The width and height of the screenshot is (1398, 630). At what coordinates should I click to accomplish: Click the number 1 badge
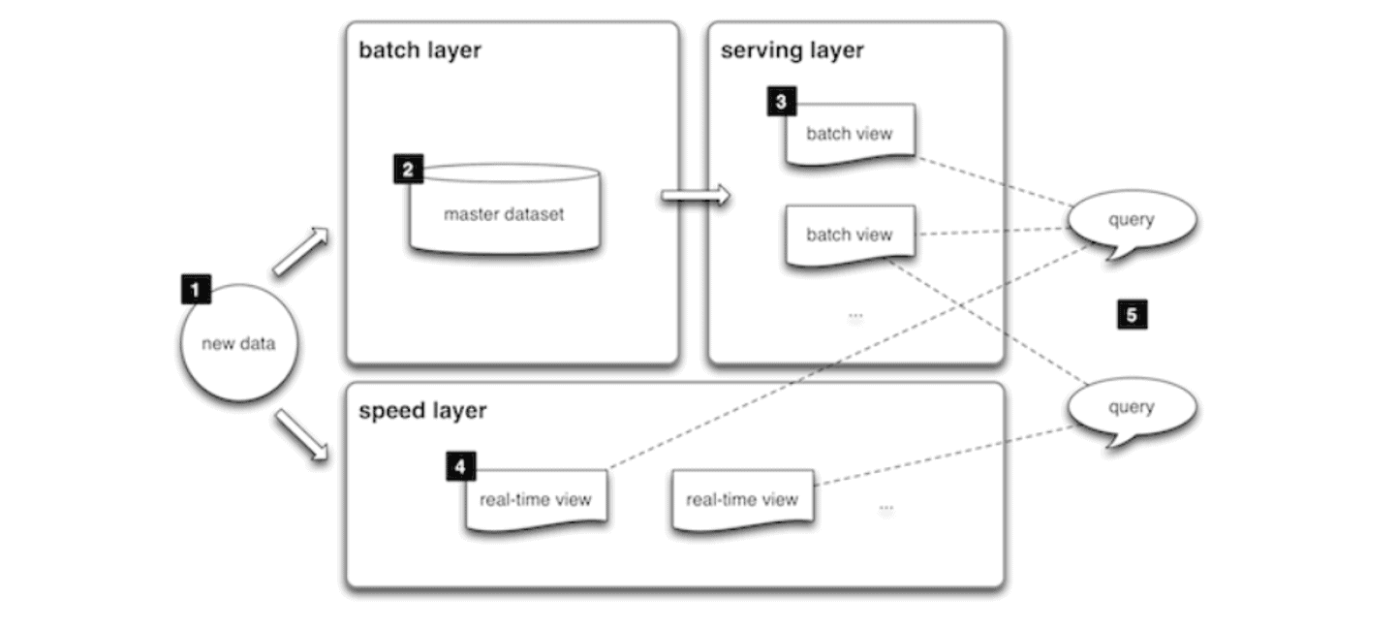(x=195, y=288)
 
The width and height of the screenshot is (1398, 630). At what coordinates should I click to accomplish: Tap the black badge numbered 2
(x=408, y=170)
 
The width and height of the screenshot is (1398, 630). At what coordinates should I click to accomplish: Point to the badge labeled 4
(x=460, y=467)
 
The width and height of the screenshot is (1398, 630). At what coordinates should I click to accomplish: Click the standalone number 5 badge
(x=1132, y=314)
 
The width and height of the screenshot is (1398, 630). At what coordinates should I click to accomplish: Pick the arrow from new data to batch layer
(x=301, y=252)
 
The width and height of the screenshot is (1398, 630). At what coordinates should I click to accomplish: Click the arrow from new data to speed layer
(x=301, y=435)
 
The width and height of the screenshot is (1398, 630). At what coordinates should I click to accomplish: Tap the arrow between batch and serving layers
(x=695, y=196)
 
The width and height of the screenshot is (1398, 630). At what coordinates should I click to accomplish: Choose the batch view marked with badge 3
(x=849, y=133)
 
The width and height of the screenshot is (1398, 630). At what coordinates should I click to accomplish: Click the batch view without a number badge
(x=849, y=234)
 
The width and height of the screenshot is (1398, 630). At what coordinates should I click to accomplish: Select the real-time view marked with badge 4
(x=536, y=500)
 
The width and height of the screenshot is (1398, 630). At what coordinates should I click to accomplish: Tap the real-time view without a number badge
(x=742, y=500)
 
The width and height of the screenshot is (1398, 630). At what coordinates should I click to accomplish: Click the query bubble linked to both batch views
(x=1131, y=221)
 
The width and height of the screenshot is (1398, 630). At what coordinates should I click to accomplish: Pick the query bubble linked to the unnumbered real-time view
(x=1131, y=407)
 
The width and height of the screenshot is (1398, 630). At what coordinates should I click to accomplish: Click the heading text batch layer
(x=419, y=50)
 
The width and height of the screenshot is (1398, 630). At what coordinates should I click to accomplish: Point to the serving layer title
(x=792, y=50)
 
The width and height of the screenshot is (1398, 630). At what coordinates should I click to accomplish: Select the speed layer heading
(x=422, y=411)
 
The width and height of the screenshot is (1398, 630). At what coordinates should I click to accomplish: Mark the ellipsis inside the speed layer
(x=885, y=508)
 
